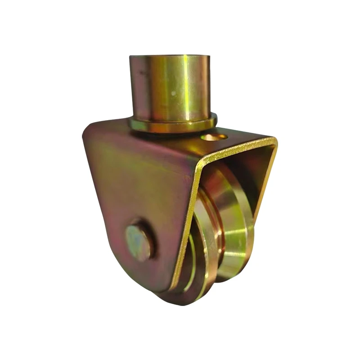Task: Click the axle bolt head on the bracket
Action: tap(138, 243)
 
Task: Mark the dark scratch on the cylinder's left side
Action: tap(141, 72)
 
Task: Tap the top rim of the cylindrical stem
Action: tap(170, 57)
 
